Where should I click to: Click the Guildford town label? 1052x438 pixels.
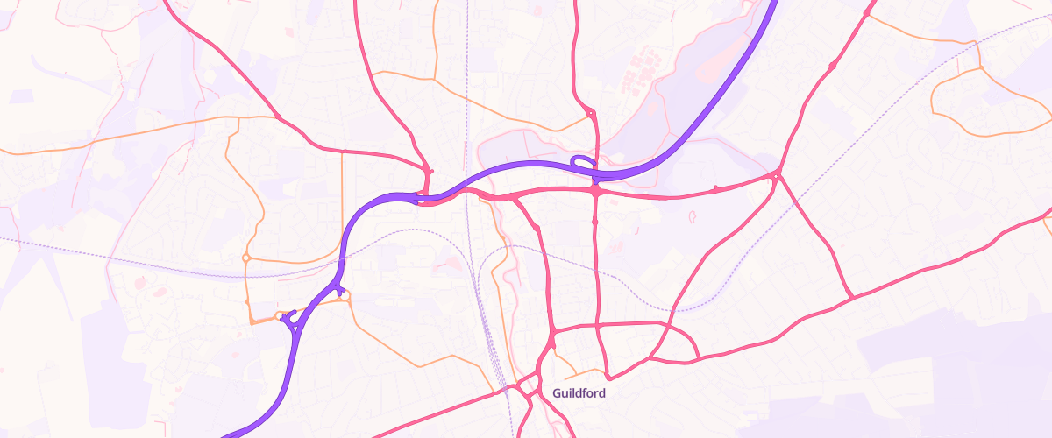(579, 393)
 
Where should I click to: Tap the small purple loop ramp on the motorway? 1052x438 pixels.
(581, 161)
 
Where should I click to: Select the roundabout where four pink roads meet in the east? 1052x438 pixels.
(776, 177)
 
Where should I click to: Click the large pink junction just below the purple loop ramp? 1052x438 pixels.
(594, 189)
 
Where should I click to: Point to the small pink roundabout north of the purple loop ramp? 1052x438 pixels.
(590, 112)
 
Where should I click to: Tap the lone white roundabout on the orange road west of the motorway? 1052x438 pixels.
(245, 258)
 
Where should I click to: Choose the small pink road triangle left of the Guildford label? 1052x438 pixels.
(528, 386)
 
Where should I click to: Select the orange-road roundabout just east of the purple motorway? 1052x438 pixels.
(344, 297)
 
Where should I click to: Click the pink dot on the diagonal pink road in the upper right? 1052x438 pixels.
(831, 66)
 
